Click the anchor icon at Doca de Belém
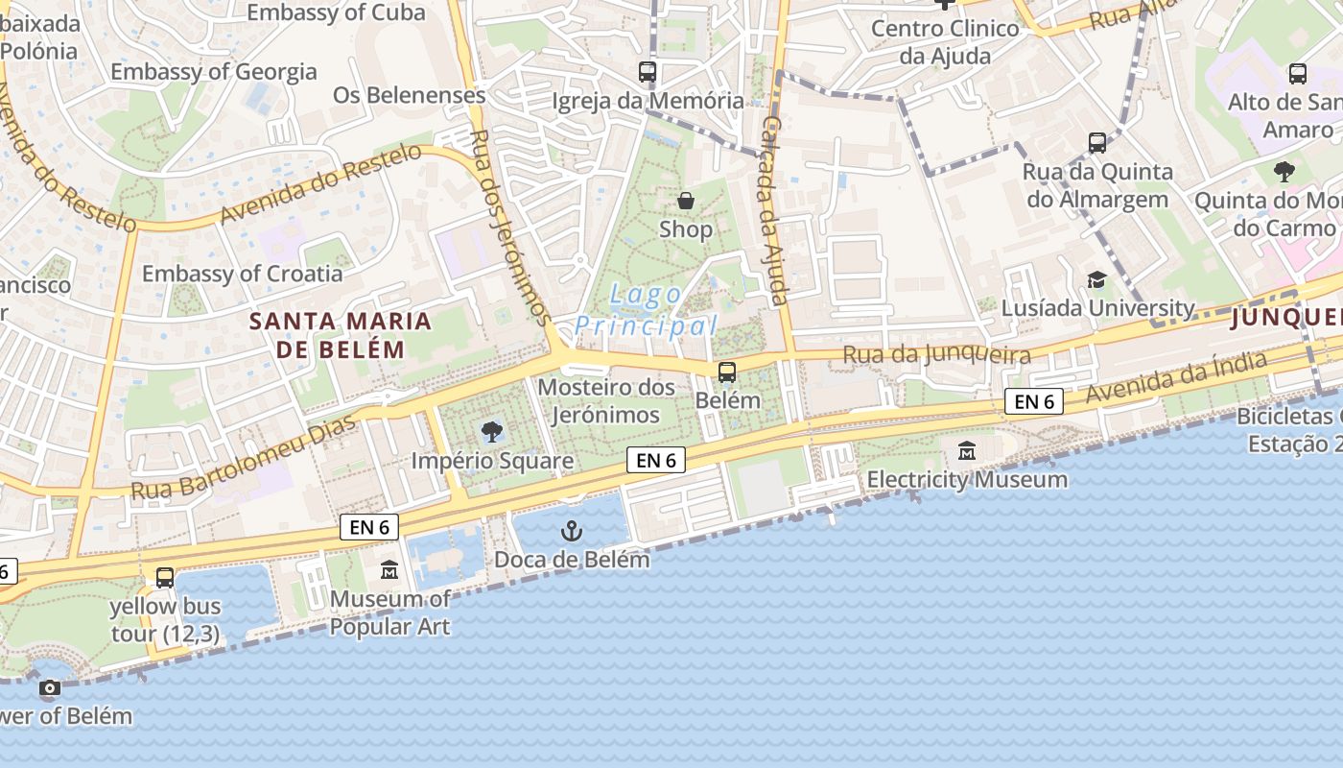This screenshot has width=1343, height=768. point(572,531)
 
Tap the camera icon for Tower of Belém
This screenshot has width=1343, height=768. point(50,688)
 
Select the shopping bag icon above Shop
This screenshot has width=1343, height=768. point(686,201)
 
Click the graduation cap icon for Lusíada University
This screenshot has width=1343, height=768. point(1096,280)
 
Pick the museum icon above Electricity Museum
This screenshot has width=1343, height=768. point(967,450)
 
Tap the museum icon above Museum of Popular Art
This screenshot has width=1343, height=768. point(389,570)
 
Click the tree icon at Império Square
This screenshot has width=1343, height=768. point(492,431)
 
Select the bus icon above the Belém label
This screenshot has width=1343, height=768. point(727,372)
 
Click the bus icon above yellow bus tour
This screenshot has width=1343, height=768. point(165,578)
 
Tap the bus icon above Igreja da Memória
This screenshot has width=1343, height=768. point(648,72)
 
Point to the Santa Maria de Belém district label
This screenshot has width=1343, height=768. point(341,334)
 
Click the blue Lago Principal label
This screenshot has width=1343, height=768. point(646,310)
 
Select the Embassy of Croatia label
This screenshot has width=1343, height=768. point(242,274)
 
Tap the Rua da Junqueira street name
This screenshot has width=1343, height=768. point(936,355)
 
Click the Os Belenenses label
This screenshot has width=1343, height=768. point(410,95)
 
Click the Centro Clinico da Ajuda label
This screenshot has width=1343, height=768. point(945,41)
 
